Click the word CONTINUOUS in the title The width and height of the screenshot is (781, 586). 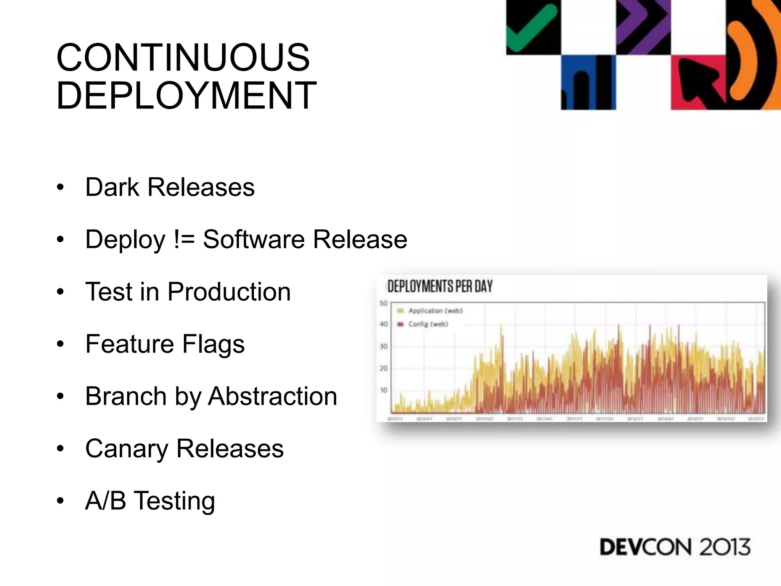coord(183,58)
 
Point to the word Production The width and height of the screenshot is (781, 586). coord(229,292)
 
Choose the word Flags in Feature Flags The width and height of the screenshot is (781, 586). coord(213,344)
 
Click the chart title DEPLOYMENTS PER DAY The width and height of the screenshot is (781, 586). coord(440,286)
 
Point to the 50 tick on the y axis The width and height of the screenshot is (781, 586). coord(383,303)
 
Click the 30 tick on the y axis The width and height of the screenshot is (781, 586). coord(383,346)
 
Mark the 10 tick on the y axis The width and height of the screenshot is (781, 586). coord(383,390)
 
